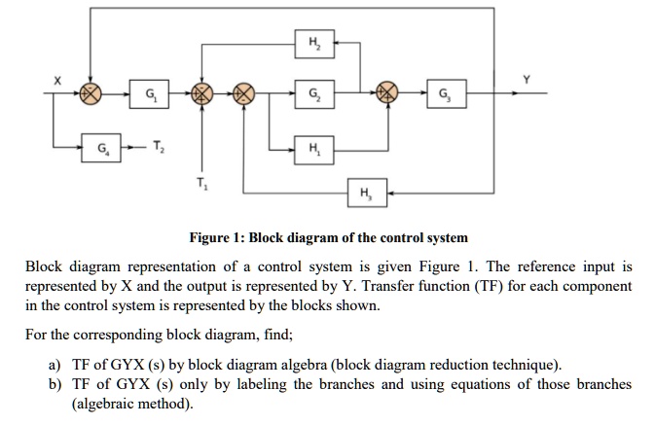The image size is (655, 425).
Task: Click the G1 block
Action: point(148,94)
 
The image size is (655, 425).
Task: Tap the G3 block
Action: point(446,94)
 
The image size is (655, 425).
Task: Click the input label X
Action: point(57,82)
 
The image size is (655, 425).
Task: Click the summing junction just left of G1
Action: point(91,94)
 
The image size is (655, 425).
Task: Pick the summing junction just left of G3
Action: point(389,94)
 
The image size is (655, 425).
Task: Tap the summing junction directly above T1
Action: point(201,94)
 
